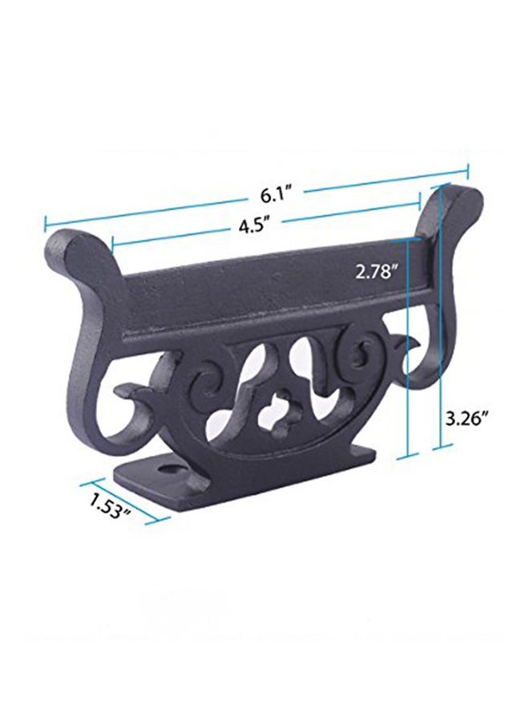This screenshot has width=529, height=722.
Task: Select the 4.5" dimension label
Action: [x=253, y=226]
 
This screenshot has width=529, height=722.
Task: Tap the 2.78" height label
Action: [x=376, y=272]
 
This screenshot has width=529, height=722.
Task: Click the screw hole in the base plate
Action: [x=171, y=469]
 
